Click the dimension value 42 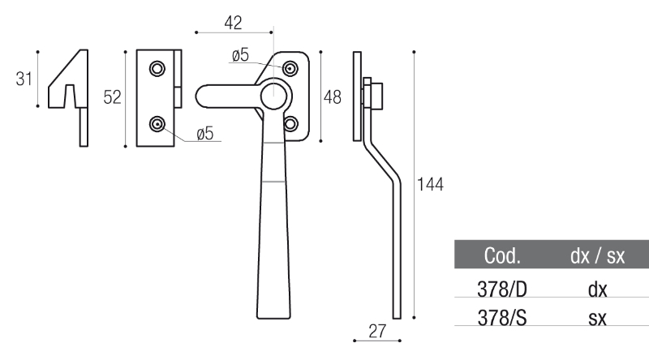[x=233, y=23]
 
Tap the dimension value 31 [x=24, y=79]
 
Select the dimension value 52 [x=112, y=97]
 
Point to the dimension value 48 [x=333, y=97]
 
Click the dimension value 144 [x=430, y=184]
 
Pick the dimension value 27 [x=377, y=332]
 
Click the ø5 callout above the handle [x=240, y=55]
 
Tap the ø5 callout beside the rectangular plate [x=205, y=134]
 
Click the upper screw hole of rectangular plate [x=157, y=68]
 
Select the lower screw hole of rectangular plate [x=157, y=124]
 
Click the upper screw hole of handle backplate [x=290, y=68]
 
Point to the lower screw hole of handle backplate [x=290, y=123]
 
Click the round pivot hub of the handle [x=274, y=96]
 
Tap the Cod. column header [x=502, y=255]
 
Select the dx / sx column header [x=597, y=255]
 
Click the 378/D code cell [x=502, y=289]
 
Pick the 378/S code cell [x=502, y=318]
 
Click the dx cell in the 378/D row [x=597, y=289]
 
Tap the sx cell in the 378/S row [x=597, y=318]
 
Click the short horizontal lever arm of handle [x=228, y=96]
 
